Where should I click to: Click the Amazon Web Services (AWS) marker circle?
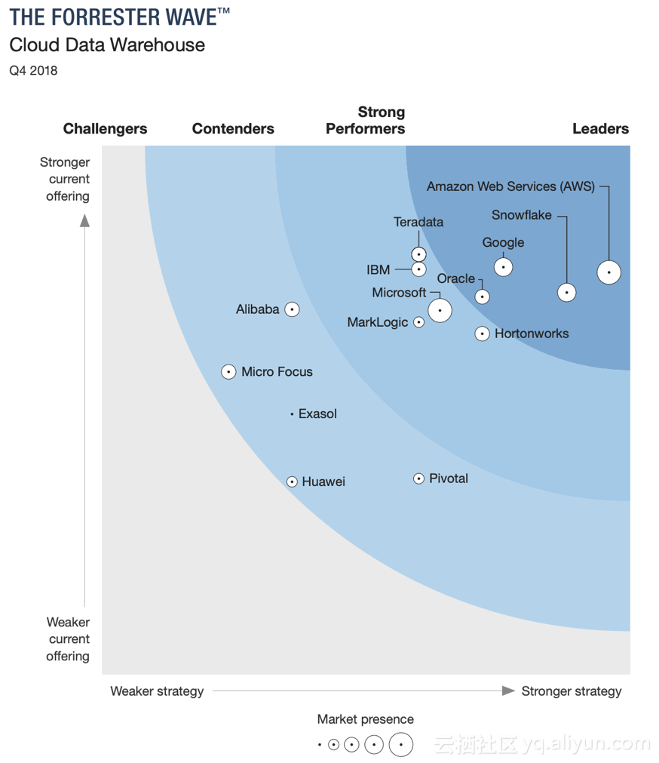click(x=608, y=272)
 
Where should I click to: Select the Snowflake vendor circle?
click(x=566, y=292)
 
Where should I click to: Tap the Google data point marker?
click(x=503, y=267)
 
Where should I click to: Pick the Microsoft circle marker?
click(x=440, y=309)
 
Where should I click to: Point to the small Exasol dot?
click(x=292, y=414)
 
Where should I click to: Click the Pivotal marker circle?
click(x=418, y=478)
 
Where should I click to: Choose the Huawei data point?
click(x=292, y=481)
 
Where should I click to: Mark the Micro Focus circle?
click(x=228, y=371)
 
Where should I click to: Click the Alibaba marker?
click(x=292, y=309)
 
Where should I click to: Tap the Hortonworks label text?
click(x=532, y=334)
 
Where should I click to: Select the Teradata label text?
click(x=418, y=222)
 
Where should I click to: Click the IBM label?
click(x=379, y=269)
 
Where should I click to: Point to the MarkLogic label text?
click(x=378, y=322)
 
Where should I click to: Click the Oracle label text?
click(x=456, y=278)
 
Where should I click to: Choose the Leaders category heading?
click(x=600, y=129)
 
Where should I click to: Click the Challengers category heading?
click(x=106, y=129)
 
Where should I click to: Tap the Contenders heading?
click(x=233, y=129)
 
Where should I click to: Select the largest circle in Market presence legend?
click(x=401, y=745)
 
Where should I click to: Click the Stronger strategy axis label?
click(x=572, y=691)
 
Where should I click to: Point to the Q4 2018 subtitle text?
click(x=33, y=71)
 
